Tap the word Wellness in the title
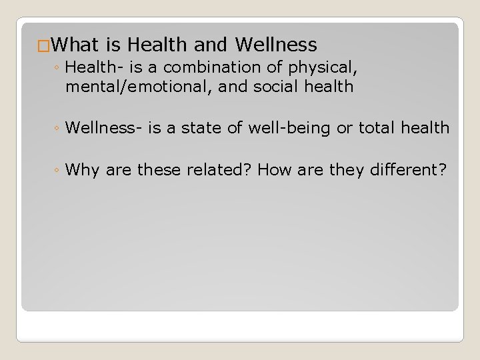click(275, 45)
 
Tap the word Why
click(83, 170)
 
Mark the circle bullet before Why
click(59, 171)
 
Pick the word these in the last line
click(160, 170)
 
